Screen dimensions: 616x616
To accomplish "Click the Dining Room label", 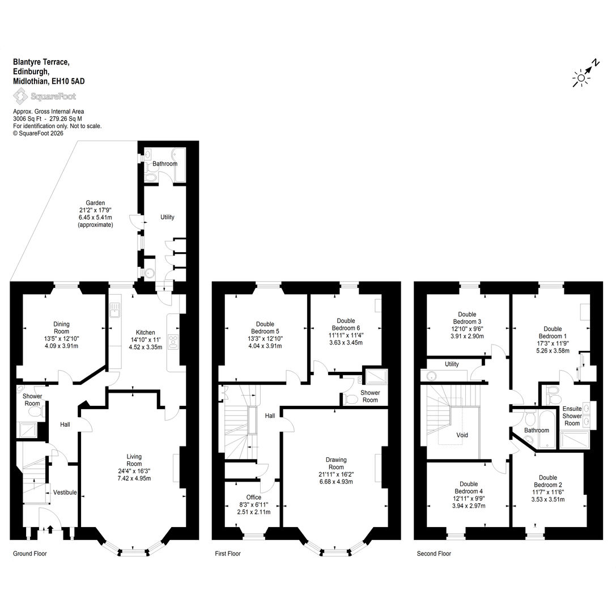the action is coord(61,328).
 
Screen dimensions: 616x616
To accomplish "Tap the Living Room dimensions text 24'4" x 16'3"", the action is coord(134,471).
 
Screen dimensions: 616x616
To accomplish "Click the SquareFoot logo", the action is coord(44,96).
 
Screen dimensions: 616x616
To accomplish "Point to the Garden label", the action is coord(95,203).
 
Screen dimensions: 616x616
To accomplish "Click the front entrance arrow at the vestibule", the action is coord(50,529).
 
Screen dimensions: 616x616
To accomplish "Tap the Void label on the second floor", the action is coord(462,435).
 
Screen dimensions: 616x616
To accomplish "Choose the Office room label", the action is coord(254,497).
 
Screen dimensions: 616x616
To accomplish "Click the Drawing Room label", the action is coord(336,463).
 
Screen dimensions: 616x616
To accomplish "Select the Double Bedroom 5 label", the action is coord(265,328).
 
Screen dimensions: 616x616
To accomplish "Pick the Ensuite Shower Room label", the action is coord(572,415).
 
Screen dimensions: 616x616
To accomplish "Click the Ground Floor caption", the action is coord(30,554).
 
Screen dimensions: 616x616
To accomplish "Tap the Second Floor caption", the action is coord(434,554).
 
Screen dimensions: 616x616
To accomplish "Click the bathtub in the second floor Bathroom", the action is coord(546,429).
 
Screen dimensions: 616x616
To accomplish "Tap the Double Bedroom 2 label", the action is coord(547,481).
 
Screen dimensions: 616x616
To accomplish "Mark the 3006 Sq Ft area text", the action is coord(27,118).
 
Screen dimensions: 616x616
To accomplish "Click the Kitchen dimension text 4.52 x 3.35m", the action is coord(145,347).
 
